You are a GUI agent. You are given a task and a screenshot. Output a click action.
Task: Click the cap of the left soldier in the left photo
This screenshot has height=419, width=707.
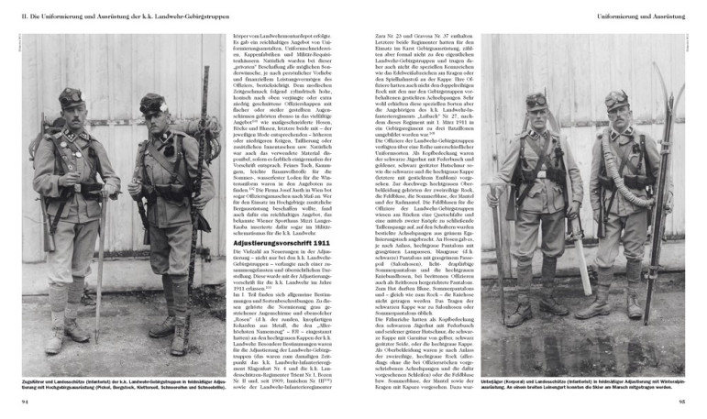(72, 97)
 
